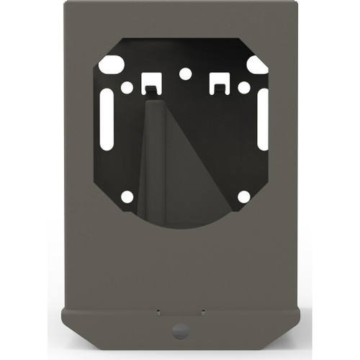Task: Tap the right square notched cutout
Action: pyautogui.click(x=219, y=81)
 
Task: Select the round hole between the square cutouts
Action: pyautogui.click(x=185, y=73)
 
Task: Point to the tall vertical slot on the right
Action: pyautogui.click(x=263, y=119)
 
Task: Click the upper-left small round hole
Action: pyautogui.click(x=127, y=88)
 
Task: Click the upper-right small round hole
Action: pyautogui.click(x=243, y=88)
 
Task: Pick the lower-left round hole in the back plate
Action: pyautogui.click(x=127, y=196)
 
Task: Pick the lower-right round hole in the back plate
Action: pyautogui.click(x=243, y=196)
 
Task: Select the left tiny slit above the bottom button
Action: pyautogui.click(x=158, y=311)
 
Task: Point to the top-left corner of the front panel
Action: pyautogui.click(x=65, y=4)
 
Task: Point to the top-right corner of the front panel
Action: pyautogui.click(x=294, y=4)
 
